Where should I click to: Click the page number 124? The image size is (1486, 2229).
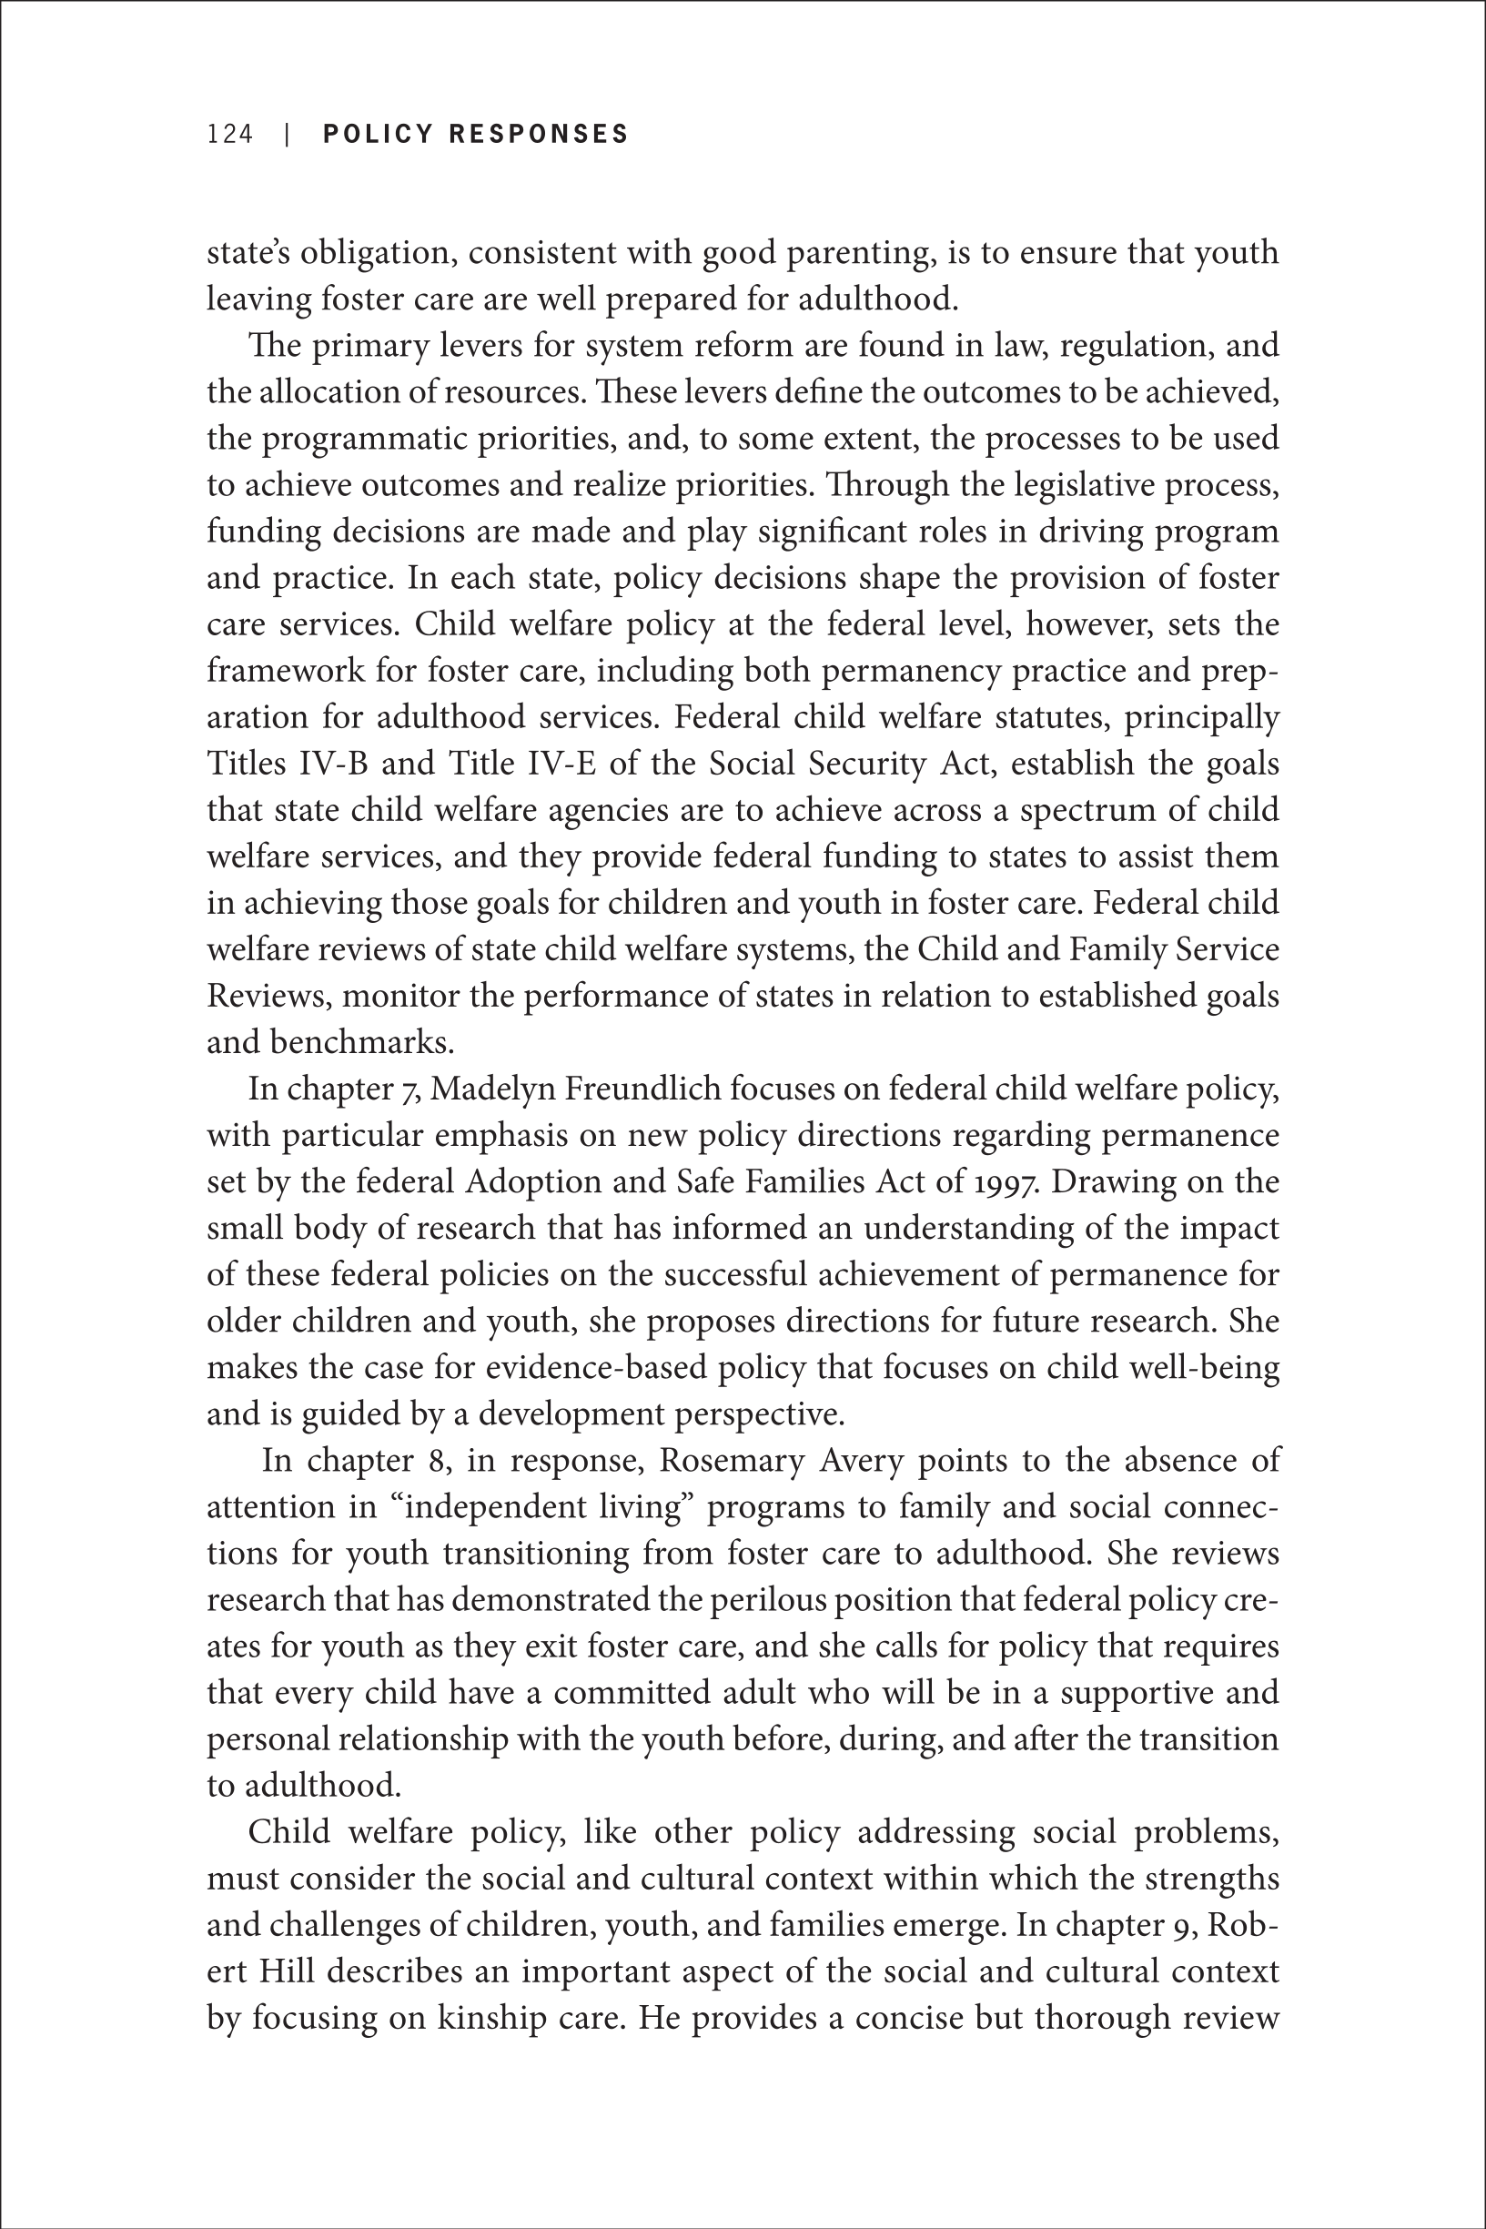click(230, 135)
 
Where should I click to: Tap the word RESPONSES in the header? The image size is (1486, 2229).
click(539, 135)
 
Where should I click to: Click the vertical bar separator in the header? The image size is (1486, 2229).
click(288, 135)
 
